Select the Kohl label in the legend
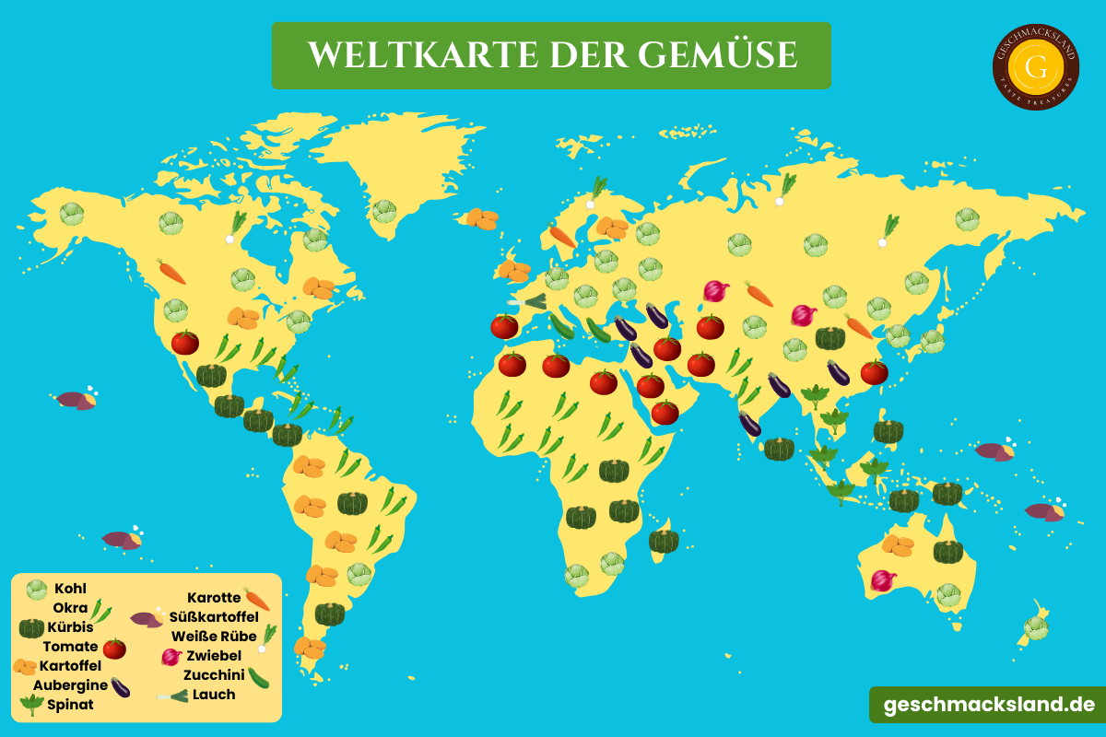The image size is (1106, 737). [x=70, y=589]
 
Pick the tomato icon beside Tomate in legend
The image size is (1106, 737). [x=114, y=649]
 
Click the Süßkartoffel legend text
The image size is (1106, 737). [x=214, y=617]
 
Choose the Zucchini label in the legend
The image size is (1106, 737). [x=214, y=675]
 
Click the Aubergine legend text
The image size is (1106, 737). [x=70, y=685]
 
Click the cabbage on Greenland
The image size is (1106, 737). [x=384, y=212]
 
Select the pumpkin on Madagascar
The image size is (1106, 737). [x=664, y=541]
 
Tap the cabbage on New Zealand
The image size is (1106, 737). [x=1036, y=628]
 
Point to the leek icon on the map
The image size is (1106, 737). [x=529, y=300]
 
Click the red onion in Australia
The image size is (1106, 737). [x=883, y=580]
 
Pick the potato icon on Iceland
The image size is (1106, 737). [x=482, y=218]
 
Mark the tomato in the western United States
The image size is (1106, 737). [x=185, y=343]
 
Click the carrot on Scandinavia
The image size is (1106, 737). [x=562, y=235]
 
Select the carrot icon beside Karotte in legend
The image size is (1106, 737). [x=257, y=599]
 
